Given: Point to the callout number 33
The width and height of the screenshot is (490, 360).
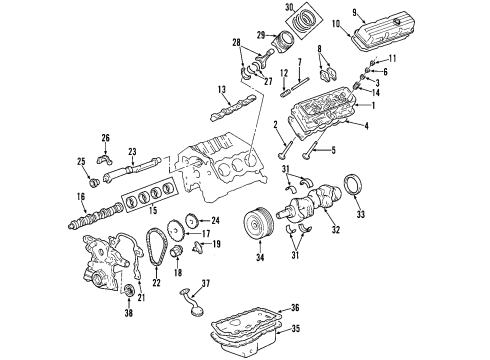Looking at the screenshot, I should tap(361, 213).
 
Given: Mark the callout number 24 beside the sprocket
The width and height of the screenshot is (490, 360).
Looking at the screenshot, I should tap(214, 221).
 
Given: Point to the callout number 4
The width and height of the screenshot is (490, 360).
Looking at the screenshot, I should tap(367, 125).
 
